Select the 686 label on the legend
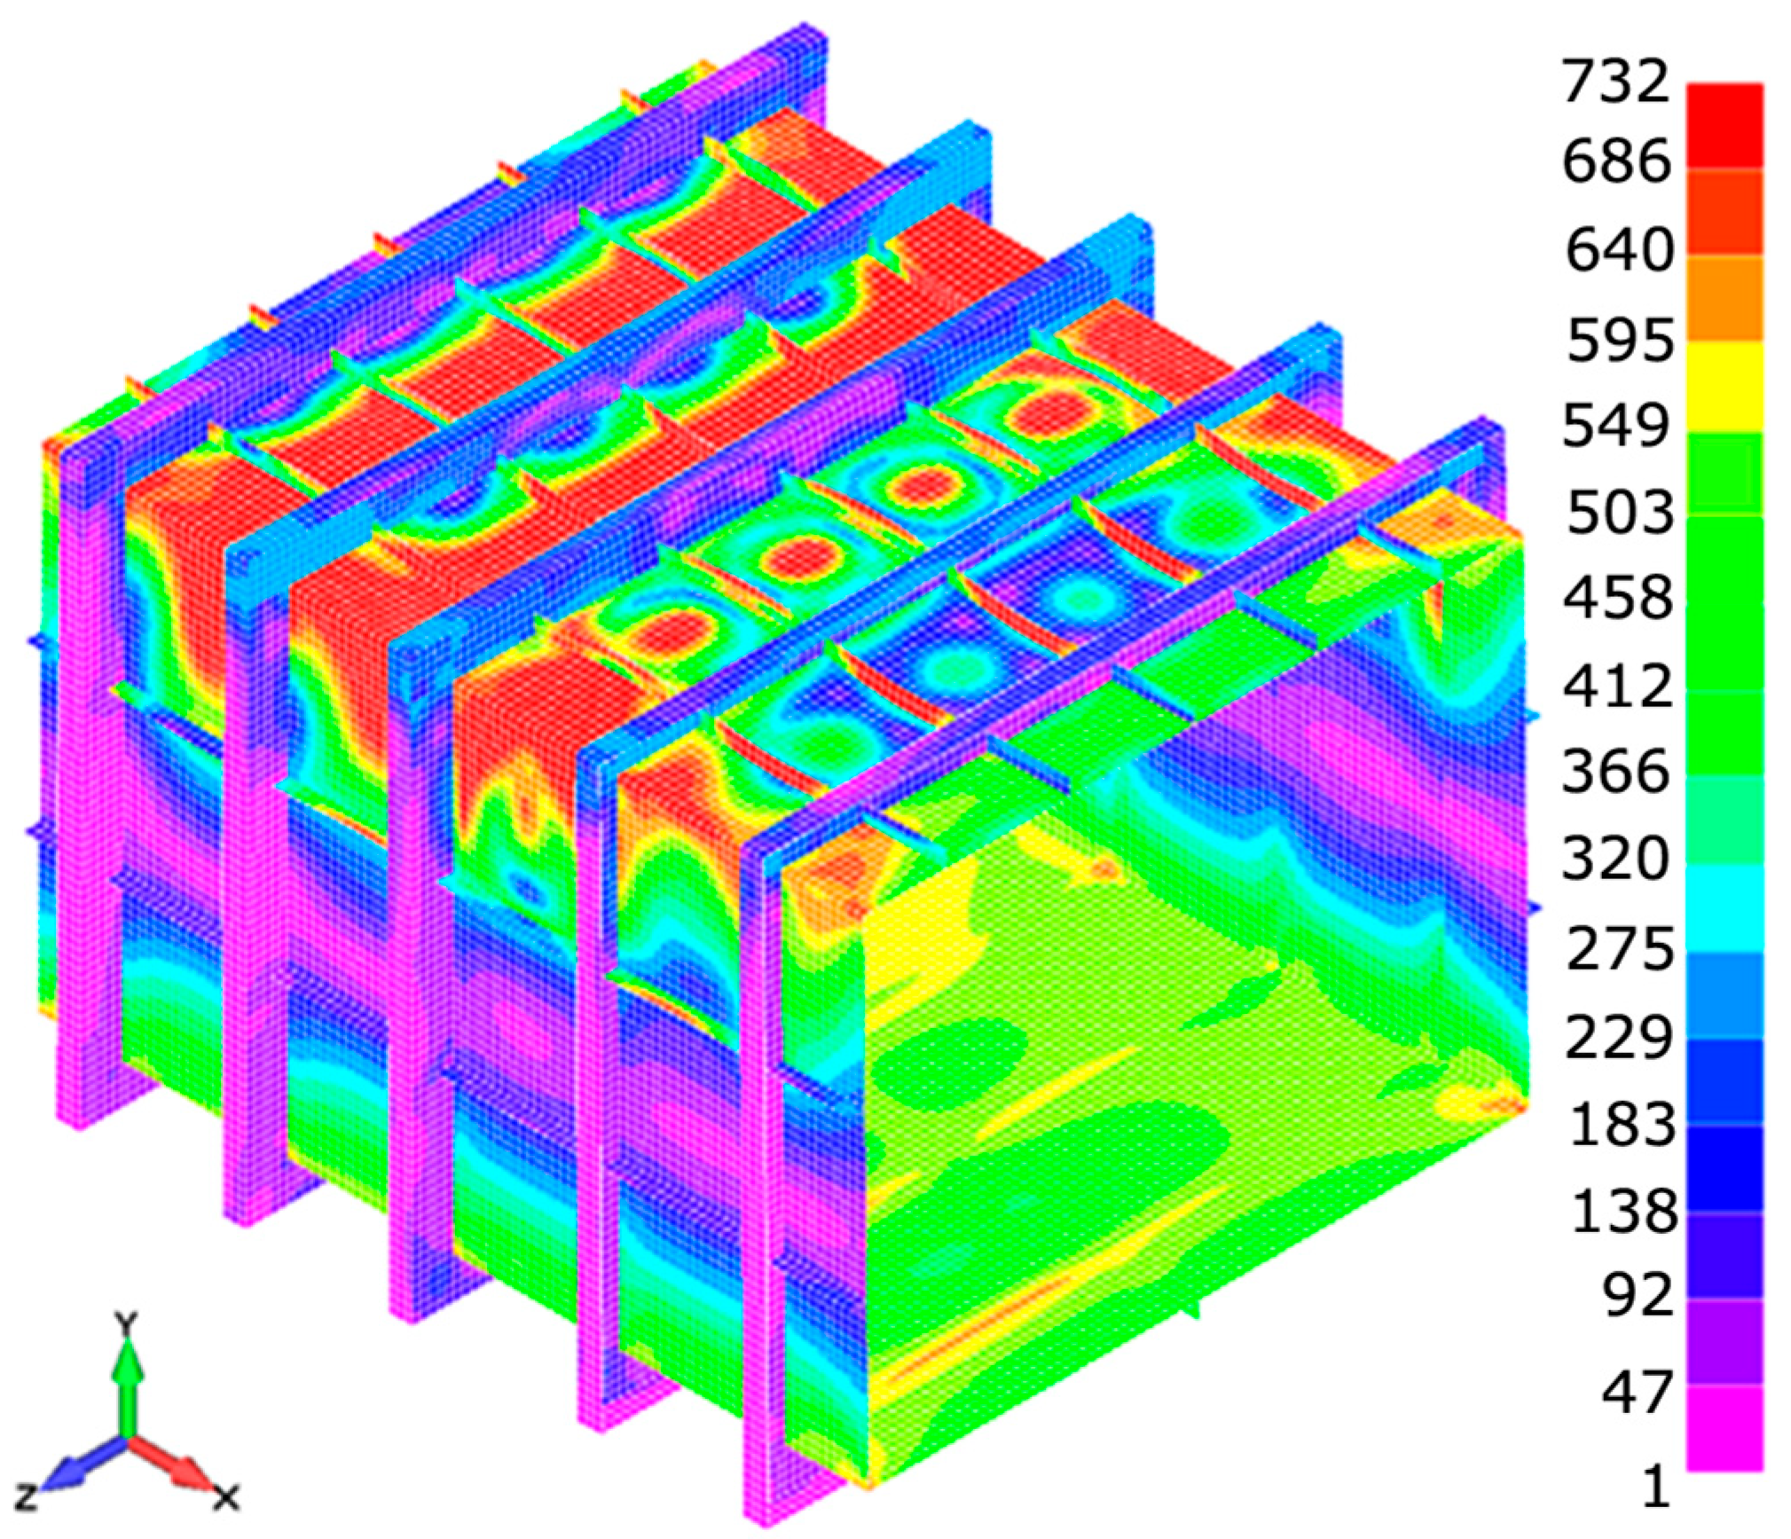(1616, 162)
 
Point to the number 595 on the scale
(1620, 340)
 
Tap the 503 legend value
(1620, 514)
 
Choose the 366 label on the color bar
(1616, 773)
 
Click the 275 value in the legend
(1620, 950)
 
